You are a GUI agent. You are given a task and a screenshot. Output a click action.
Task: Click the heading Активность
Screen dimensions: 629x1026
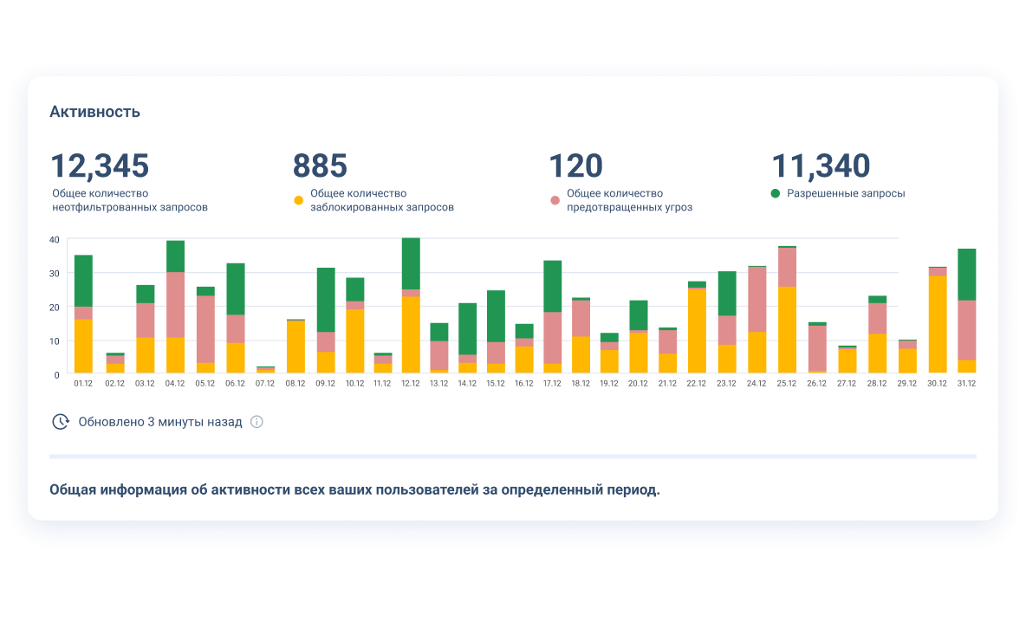click(94, 112)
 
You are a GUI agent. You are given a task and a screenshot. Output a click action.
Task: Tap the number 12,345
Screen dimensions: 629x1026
click(100, 165)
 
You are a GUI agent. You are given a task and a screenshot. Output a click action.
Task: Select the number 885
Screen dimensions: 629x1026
click(320, 165)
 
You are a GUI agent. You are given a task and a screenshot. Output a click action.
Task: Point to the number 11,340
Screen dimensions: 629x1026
click(821, 165)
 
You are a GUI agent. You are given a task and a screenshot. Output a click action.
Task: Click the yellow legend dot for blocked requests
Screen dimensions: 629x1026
click(298, 200)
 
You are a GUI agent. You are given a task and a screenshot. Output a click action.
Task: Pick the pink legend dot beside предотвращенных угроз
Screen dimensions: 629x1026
click(555, 200)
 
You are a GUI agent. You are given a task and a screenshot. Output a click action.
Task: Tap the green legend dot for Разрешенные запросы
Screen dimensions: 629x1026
click(775, 193)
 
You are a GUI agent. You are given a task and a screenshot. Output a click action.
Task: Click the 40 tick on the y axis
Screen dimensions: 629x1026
click(54, 239)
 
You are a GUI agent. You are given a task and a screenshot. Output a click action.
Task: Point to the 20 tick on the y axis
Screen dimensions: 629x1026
click(54, 307)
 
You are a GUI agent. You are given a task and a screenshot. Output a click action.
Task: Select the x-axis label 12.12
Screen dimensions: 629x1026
click(411, 384)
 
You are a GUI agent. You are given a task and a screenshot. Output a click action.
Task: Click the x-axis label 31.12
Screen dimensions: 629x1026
click(966, 384)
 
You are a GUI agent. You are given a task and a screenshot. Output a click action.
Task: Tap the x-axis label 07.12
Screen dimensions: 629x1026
click(265, 384)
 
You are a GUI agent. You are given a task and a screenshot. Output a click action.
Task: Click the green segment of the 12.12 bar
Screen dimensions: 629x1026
click(411, 263)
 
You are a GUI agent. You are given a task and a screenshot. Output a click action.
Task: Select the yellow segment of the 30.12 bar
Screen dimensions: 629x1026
click(938, 324)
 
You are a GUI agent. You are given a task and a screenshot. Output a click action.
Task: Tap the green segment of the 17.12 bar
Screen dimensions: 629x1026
click(553, 286)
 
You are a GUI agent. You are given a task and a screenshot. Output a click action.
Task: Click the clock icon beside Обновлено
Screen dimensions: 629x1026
click(61, 422)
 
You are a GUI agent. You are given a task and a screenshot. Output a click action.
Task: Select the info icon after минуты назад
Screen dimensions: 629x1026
click(256, 422)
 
